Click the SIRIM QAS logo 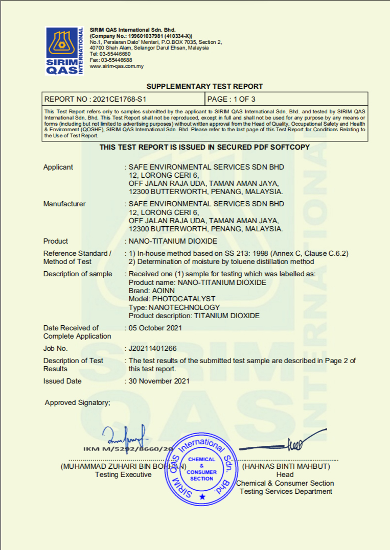pos(64,51)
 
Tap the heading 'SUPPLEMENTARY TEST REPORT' pos(204,86)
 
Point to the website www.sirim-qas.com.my pos(117,66)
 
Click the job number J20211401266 pos(152,348)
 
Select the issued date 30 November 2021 pos(159,381)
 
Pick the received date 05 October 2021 pos(155,328)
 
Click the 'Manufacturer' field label pos(64,204)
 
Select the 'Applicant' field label pos(58,167)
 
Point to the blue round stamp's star pos(202,496)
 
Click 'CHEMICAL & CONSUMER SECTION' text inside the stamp pos(201,469)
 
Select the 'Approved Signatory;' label pos(77,402)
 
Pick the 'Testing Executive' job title pos(123,474)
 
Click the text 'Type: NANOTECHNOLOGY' pos(174,307)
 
